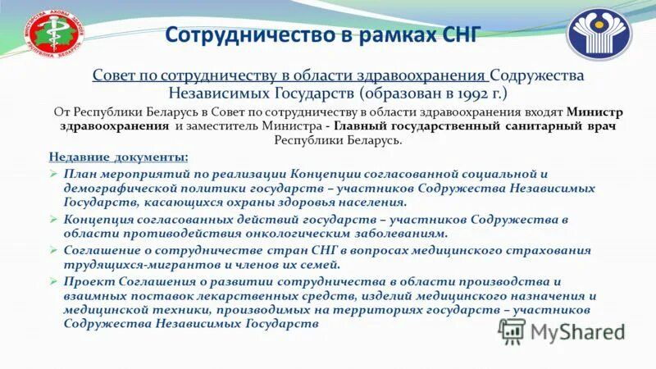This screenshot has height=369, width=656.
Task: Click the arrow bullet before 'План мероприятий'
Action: tap(53, 175)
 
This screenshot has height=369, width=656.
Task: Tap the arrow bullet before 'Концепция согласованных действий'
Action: tap(53, 220)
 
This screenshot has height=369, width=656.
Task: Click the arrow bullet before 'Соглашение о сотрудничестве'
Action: tap(53, 250)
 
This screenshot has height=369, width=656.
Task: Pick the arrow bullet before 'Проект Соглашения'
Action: tap(53, 280)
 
